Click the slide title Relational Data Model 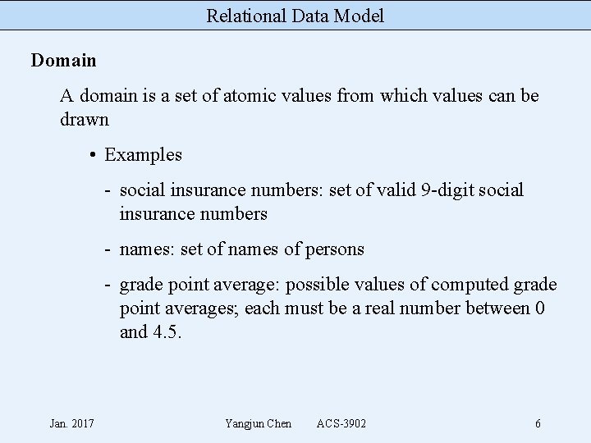pos(295,16)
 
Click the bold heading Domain pos(64,61)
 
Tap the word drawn pos(85,120)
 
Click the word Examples pos(144,155)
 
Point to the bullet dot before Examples pos(95,155)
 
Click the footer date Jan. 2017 pos(71,423)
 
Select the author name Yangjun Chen pos(258,423)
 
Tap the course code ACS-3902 pos(341,423)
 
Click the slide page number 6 pos(538,423)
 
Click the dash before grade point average pos(108,285)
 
